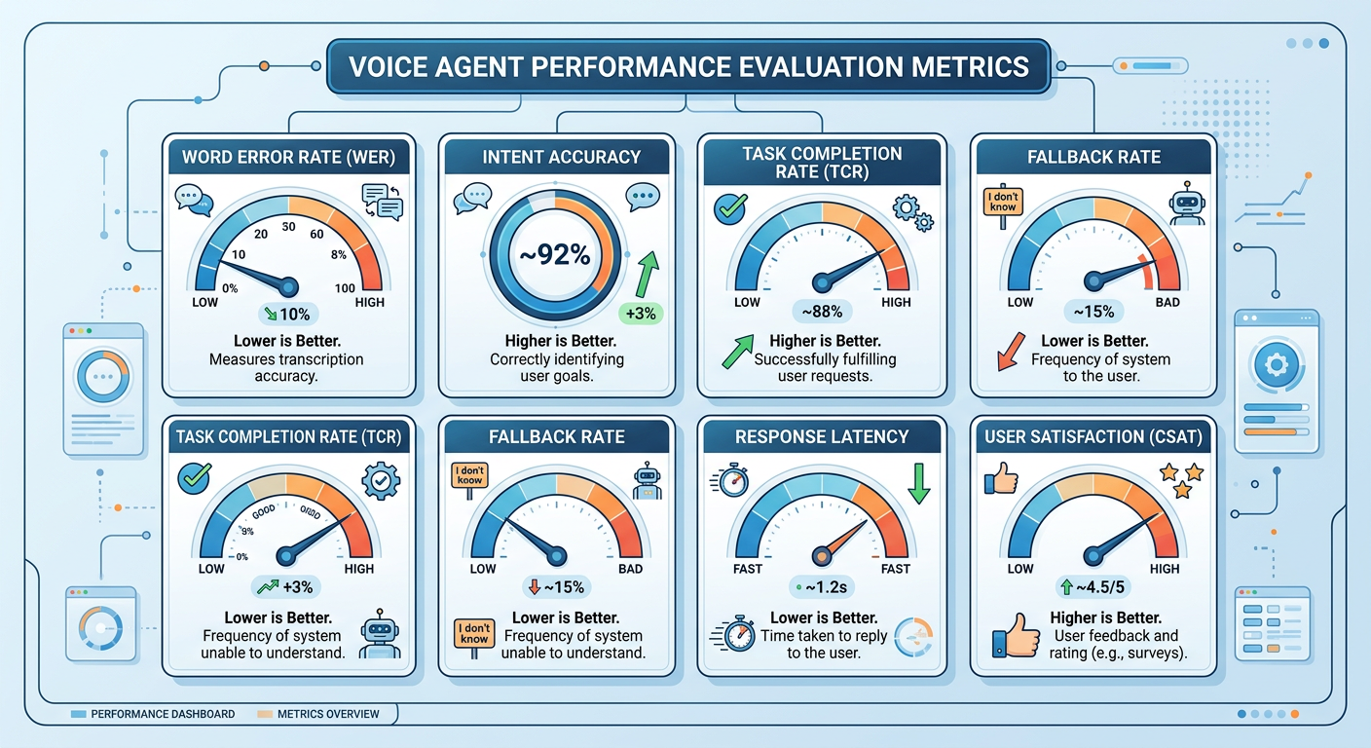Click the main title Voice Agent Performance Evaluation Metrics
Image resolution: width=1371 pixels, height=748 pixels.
(x=687, y=67)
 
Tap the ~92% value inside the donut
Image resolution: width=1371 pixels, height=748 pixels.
(x=553, y=256)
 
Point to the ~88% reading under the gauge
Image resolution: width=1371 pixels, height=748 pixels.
(x=822, y=312)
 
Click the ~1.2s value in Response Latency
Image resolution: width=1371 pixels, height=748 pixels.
(x=822, y=587)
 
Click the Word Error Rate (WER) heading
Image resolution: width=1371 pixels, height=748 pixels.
(x=289, y=156)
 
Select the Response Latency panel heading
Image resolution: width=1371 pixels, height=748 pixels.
(x=822, y=436)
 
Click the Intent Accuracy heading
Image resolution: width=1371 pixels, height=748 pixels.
(x=562, y=156)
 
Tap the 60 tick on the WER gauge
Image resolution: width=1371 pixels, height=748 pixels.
(x=317, y=234)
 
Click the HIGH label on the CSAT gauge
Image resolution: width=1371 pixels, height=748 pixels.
(x=1164, y=569)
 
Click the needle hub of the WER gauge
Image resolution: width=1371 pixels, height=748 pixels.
(x=288, y=286)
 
